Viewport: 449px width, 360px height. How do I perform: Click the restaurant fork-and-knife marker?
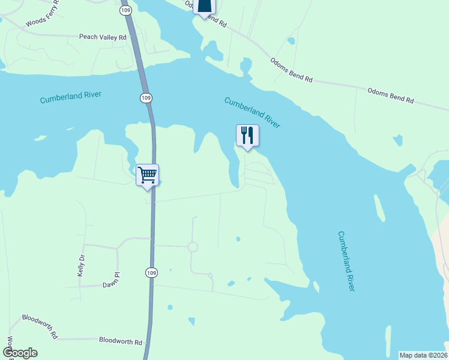tap(247, 136)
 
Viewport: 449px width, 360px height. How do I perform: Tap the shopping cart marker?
tap(147, 175)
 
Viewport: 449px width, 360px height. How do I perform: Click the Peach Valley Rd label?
tap(103, 37)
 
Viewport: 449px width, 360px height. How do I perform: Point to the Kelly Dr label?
tap(81, 265)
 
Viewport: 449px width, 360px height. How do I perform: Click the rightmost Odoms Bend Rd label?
tap(390, 95)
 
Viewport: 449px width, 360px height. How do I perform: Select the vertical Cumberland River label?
tap(346, 261)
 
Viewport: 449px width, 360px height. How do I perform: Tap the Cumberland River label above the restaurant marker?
tap(252, 112)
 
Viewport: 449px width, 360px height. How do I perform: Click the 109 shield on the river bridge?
tap(146, 98)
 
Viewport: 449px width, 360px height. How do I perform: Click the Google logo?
tap(20, 353)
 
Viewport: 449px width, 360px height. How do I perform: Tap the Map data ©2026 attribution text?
tap(423, 355)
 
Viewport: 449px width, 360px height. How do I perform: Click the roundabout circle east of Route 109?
tap(193, 247)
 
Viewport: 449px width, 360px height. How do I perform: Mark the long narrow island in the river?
tap(379, 208)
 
